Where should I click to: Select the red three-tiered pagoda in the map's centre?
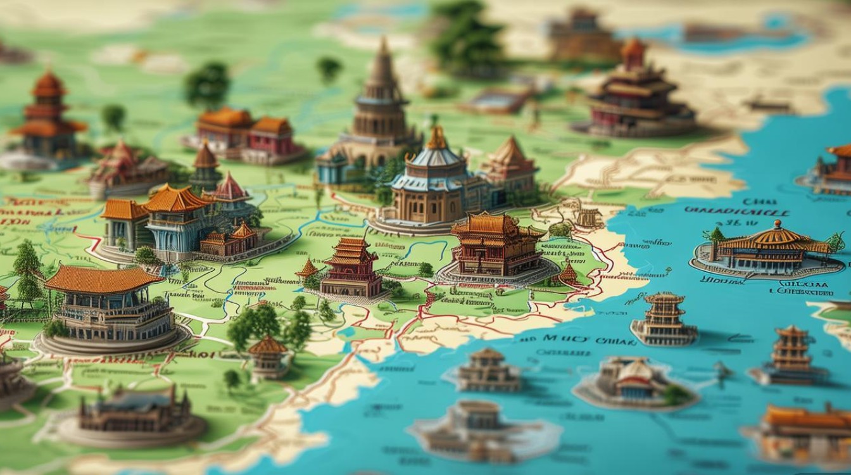351,269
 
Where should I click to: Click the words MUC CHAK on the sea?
567,339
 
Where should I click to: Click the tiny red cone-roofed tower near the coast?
568,273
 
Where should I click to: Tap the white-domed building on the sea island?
633,379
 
